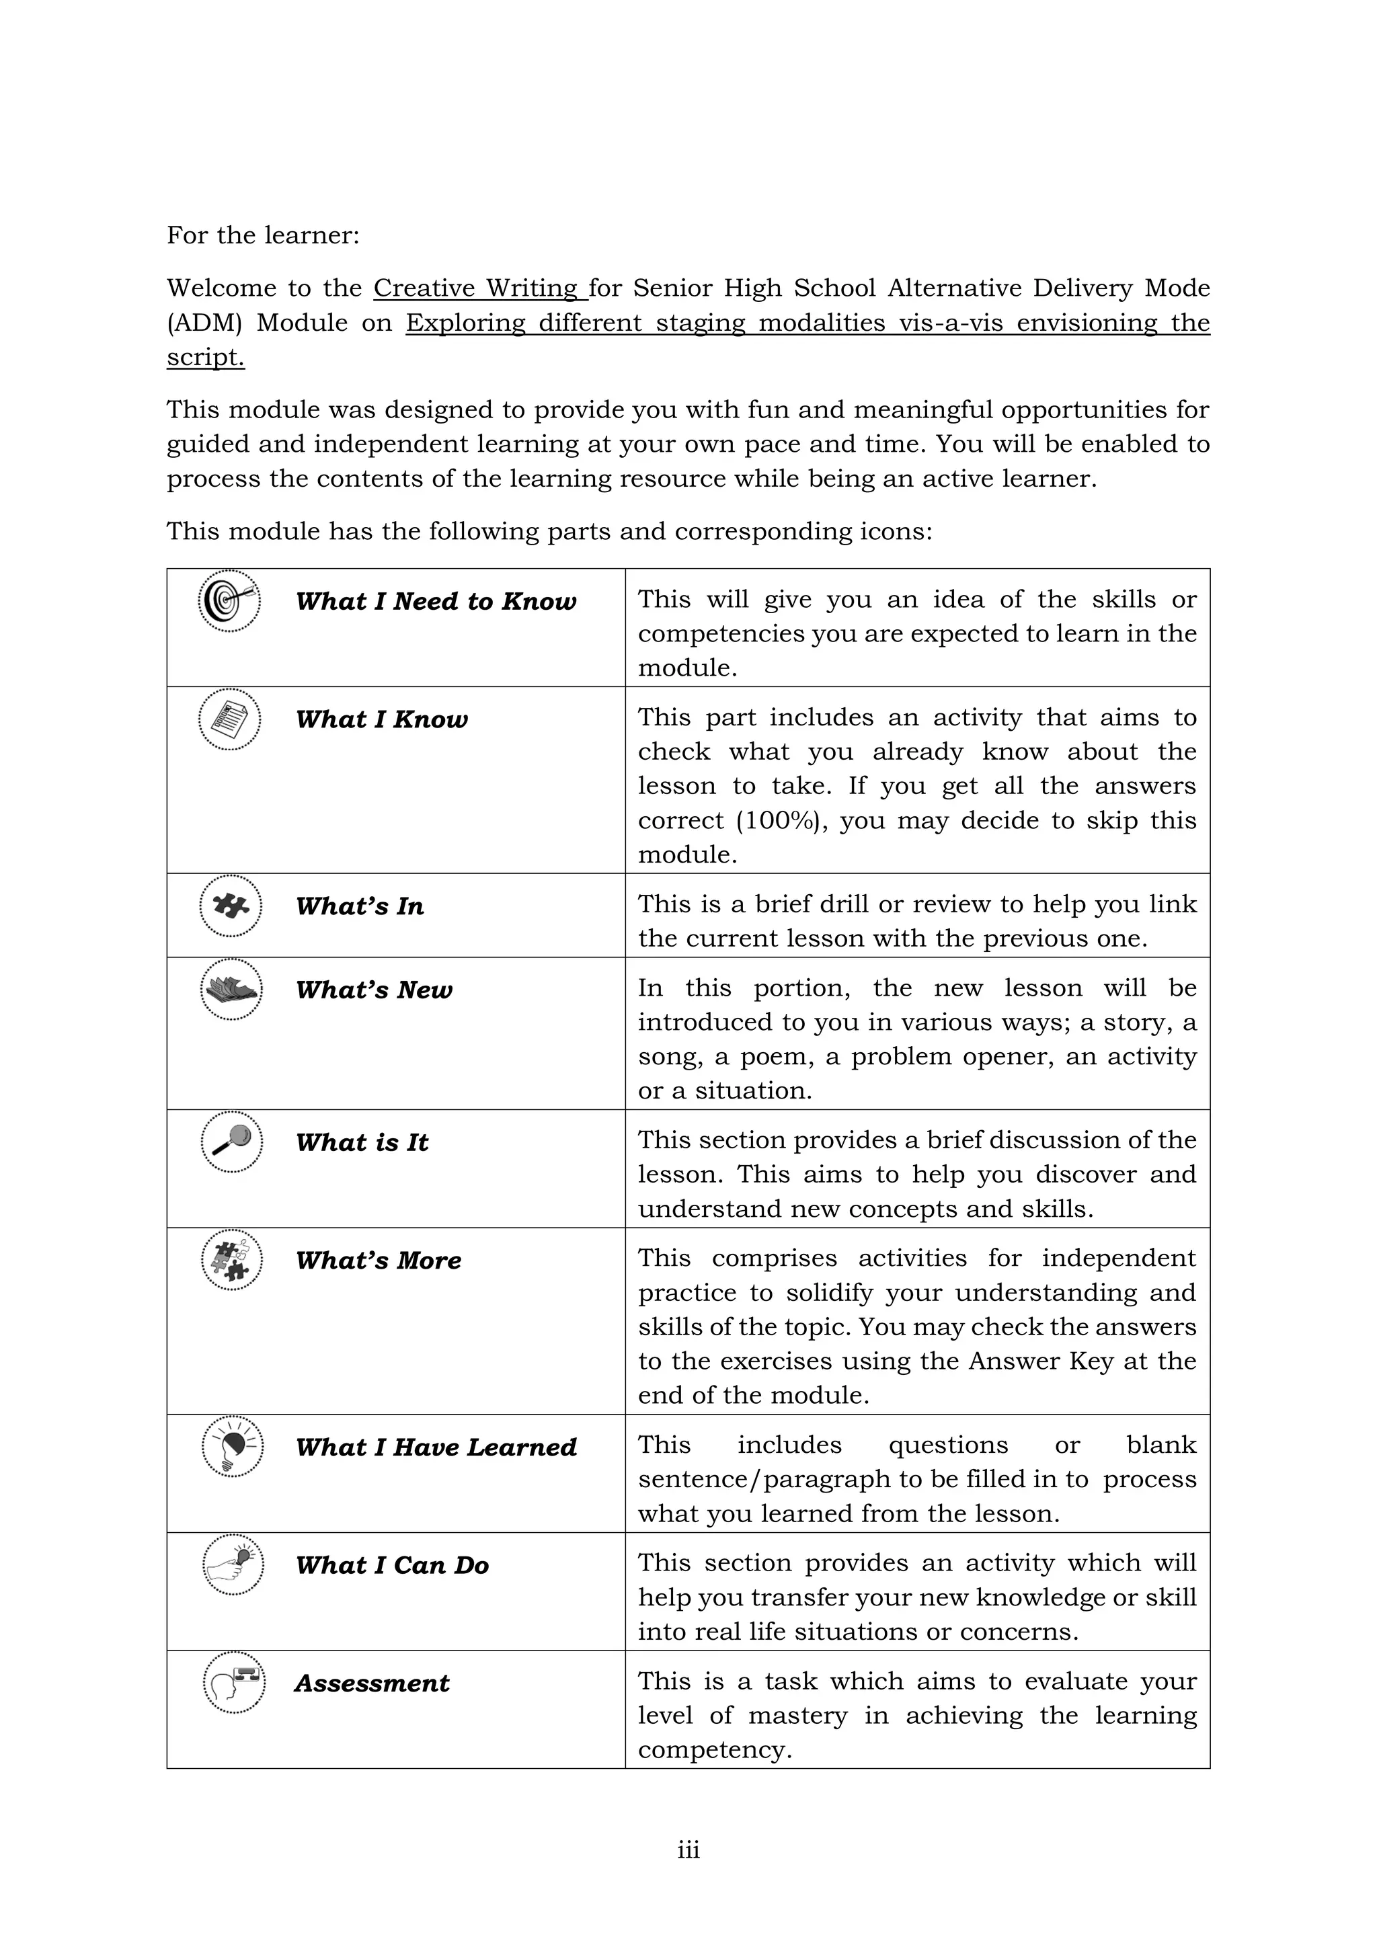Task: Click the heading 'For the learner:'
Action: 263,235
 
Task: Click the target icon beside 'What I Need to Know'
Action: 229,600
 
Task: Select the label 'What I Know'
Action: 381,719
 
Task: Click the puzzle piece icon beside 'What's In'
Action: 231,906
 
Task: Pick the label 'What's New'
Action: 374,990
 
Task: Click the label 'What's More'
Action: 378,1260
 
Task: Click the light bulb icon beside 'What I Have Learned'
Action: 233,1446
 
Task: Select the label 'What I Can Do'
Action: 392,1564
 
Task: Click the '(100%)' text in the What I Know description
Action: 780,821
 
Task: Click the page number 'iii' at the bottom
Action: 688,1850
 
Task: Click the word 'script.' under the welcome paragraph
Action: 205,358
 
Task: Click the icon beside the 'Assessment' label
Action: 234,1682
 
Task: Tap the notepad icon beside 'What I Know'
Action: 230,719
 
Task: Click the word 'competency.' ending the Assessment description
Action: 715,1750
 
